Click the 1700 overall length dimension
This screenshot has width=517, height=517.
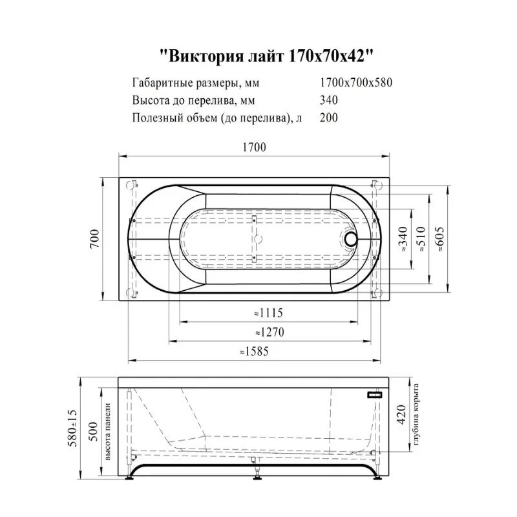click(254, 147)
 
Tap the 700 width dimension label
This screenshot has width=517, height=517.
click(94, 239)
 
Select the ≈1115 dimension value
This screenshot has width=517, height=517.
click(268, 313)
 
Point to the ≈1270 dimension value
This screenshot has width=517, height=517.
click(269, 332)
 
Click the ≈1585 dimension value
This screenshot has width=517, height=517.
click(254, 352)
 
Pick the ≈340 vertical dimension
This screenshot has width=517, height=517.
click(403, 240)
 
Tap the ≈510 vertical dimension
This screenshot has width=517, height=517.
click(422, 240)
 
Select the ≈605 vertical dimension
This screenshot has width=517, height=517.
click(441, 240)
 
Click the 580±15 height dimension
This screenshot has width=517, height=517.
click(72, 428)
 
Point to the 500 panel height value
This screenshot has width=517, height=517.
click(93, 432)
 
